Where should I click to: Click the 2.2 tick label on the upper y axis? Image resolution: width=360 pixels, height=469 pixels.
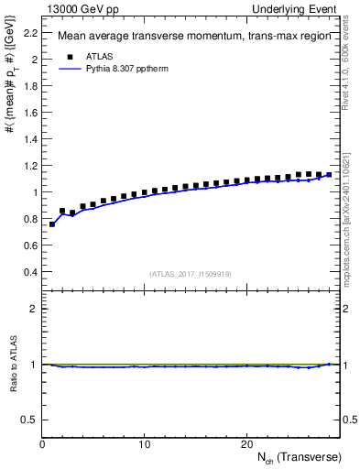pyautogui.click(x=29, y=33)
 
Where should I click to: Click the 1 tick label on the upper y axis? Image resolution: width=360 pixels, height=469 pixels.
pyautogui.click(x=35, y=192)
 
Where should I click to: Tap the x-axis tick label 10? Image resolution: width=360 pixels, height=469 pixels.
pyautogui.click(x=144, y=444)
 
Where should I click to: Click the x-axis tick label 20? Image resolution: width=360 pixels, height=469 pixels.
pyautogui.click(x=246, y=444)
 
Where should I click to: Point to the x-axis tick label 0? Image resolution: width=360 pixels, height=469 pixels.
pyautogui.click(x=42, y=444)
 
